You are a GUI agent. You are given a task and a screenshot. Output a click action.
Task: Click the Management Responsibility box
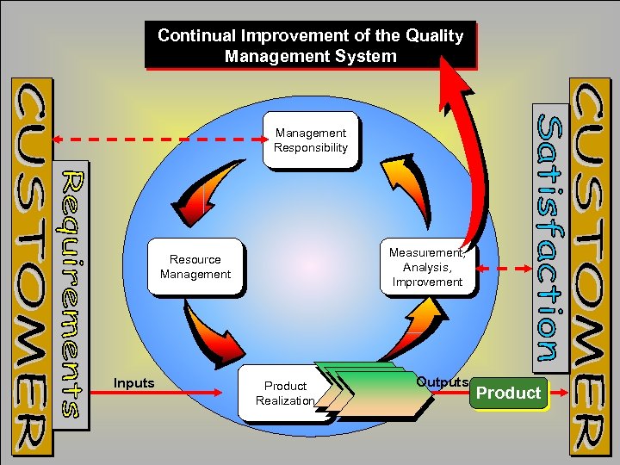tap(310, 140)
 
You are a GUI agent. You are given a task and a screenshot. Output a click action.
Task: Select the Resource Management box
tap(195, 267)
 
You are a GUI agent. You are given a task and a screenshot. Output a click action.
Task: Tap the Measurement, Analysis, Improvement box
tap(426, 268)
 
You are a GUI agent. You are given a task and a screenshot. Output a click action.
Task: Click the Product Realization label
tap(285, 393)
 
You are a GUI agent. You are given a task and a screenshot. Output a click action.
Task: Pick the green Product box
tap(508, 394)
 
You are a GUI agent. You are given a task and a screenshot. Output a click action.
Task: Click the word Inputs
tap(133, 382)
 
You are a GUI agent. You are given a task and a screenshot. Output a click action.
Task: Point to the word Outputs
tap(442, 381)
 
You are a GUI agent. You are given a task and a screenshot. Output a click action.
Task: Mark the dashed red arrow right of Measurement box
tap(506, 269)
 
